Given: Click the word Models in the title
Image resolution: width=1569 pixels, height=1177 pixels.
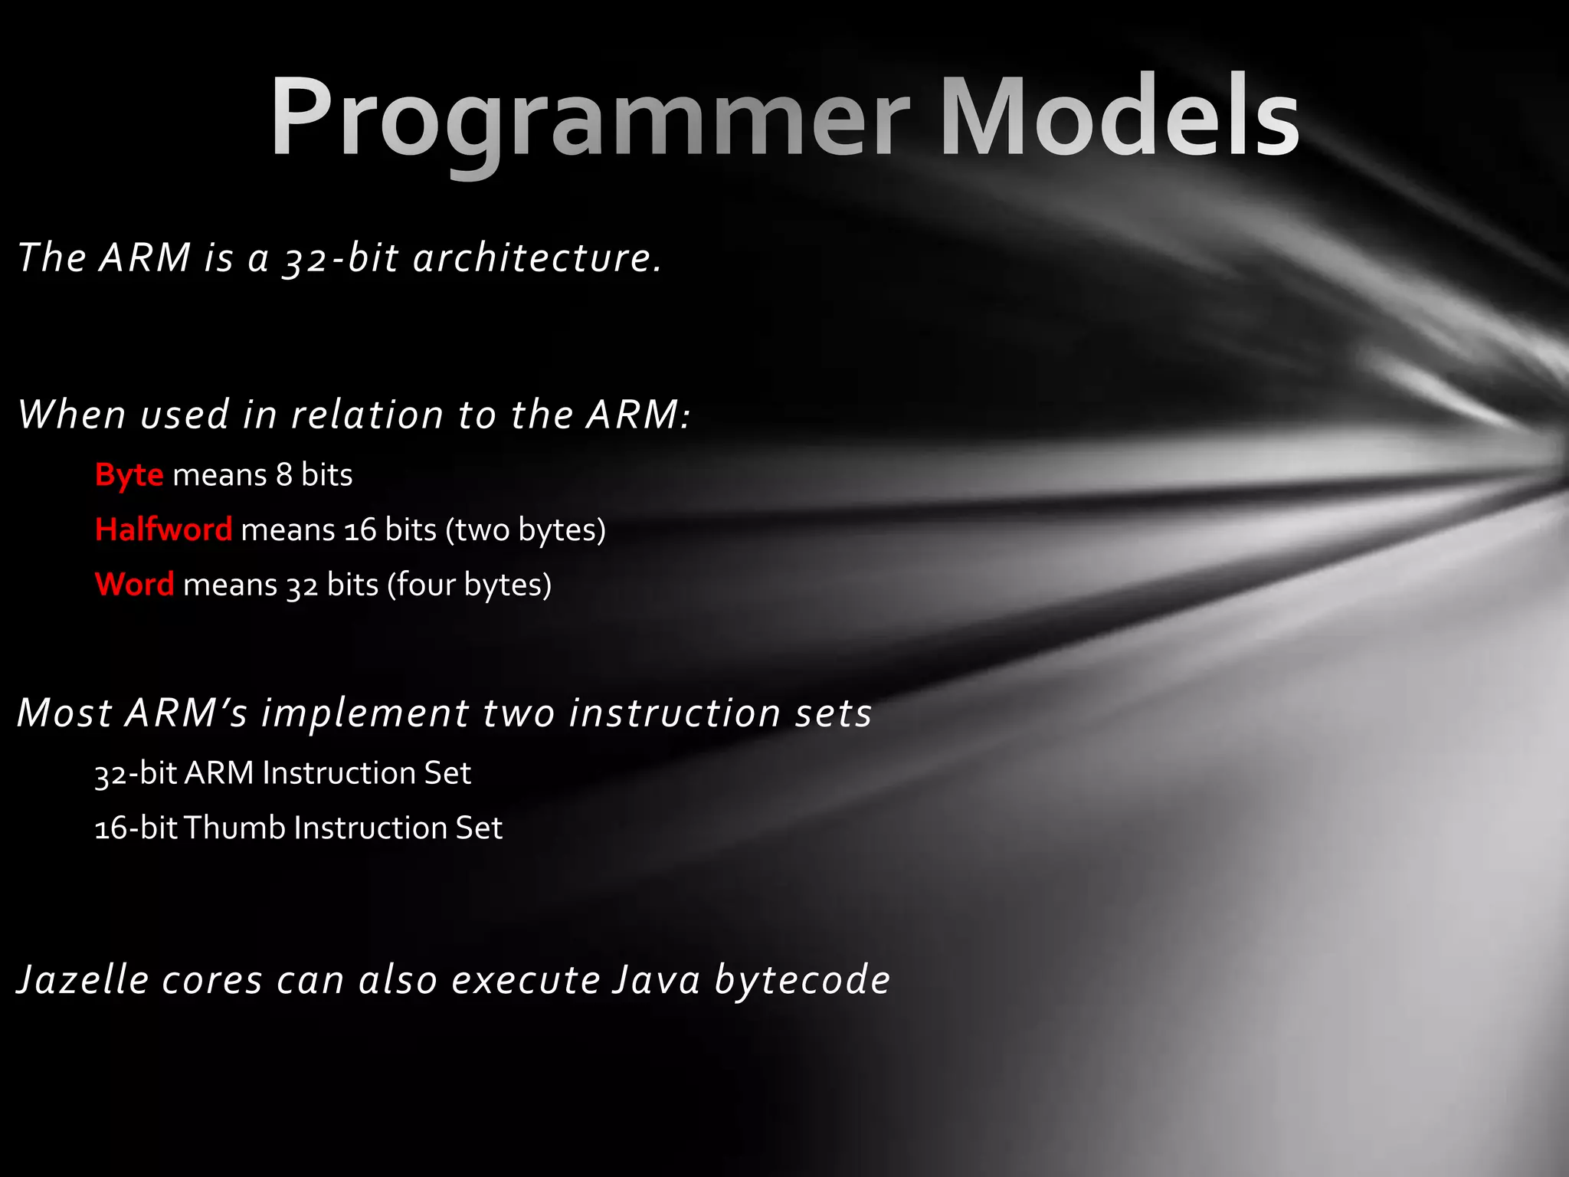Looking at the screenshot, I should (x=1119, y=119).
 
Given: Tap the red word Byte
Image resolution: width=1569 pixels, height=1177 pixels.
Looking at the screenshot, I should (x=129, y=476).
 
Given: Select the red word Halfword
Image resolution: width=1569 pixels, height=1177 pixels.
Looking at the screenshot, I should (x=163, y=530).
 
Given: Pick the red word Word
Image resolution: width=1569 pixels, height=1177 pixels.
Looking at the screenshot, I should (x=135, y=585).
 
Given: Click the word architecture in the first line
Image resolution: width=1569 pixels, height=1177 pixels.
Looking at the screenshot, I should (x=536, y=257).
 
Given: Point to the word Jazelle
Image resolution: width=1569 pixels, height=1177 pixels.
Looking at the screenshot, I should (x=83, y=980).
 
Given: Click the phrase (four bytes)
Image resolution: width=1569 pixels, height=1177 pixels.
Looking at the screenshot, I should (x=470, y=585).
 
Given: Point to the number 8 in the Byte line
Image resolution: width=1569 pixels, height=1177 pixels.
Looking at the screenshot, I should (x=284, y=476).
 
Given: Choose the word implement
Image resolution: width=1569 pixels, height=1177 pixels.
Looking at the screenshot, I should (x=365, y=713).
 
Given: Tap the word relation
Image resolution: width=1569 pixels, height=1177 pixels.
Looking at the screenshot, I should (x=367, y=415).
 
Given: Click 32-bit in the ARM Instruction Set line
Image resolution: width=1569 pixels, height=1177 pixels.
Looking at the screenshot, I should (x=136, y=773).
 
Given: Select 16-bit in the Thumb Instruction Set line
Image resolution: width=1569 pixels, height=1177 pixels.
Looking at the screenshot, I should (x=136, y=828).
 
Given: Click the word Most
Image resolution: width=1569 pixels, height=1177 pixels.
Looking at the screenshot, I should (x=65, y=713).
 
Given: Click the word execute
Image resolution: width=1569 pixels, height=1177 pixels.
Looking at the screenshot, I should (x=526, y=980).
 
